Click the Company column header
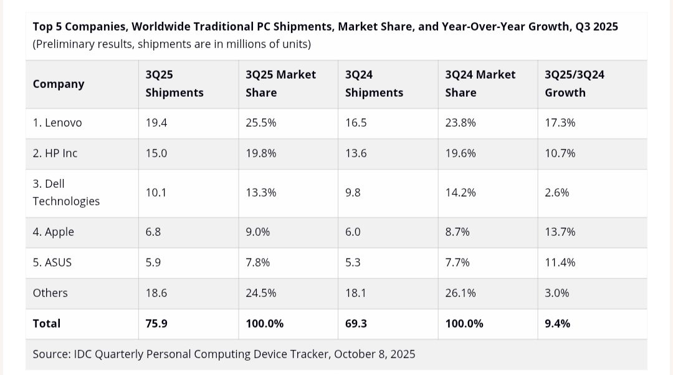click(x=59, y=84)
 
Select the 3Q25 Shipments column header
click(x=174, y=84)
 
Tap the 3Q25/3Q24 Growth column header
click(x=575, y=84)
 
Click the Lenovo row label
click(x=57, y=123)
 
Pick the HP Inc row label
click(x=55, y=153)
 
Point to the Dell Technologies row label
click(x=66, y=192)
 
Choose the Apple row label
click(x=54, y=232)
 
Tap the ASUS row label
click(x=52, y=263)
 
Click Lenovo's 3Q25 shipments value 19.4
click(x=156, y=123)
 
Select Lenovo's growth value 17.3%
click(x=560, y=123)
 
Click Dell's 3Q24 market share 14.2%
click(x=461, y=193)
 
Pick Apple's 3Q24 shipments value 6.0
click(x=353, y=232)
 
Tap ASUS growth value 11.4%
click(x=560, y=263)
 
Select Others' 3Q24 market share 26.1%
click(x=461, y=293)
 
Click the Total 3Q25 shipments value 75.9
click(x=156, y=324)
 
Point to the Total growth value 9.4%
click(x=558, y=324)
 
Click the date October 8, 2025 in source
click(x=375, y=354)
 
